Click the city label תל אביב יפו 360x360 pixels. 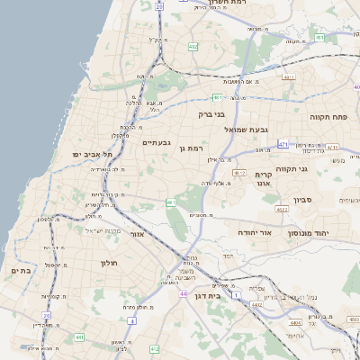79,154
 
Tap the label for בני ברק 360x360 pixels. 212,115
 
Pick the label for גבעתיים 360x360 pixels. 157,142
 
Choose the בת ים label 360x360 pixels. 21,270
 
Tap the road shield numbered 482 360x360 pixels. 193,46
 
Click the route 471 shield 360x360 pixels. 284,145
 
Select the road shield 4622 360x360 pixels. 283,209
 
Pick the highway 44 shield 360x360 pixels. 183,294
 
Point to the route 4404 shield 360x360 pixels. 296,322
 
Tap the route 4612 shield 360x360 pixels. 238,172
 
